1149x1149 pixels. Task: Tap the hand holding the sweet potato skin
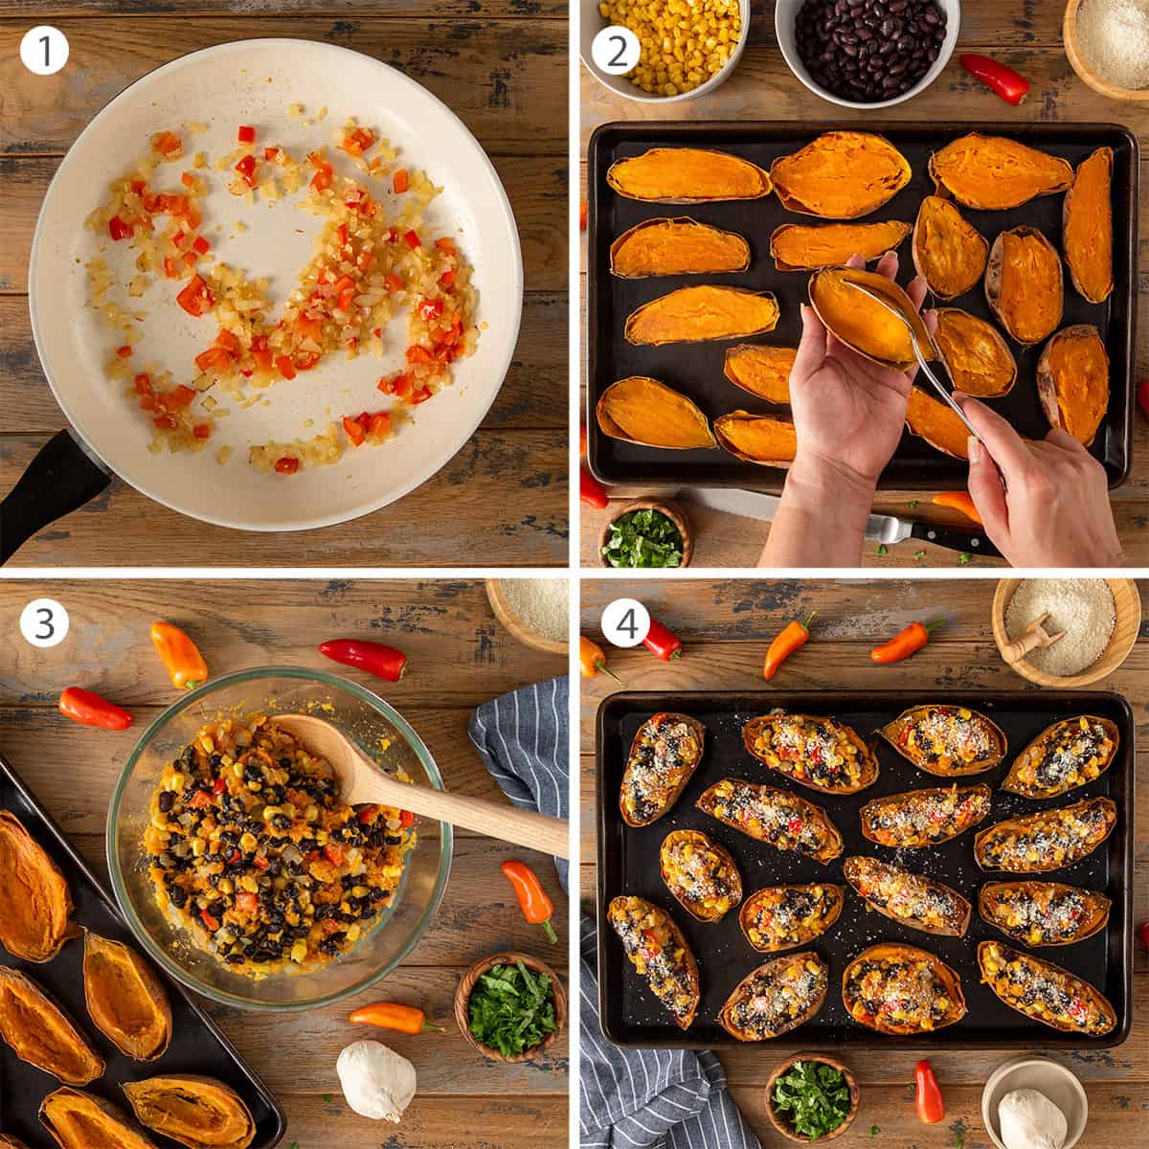(x=843, y=402)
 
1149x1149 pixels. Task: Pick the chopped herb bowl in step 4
(x=812, y=1099)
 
